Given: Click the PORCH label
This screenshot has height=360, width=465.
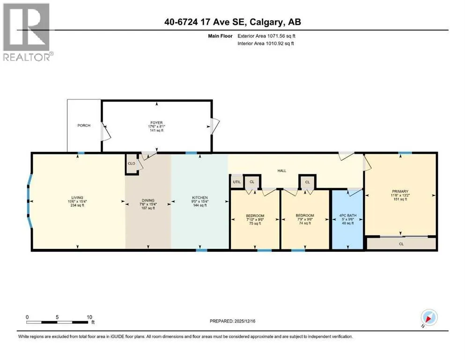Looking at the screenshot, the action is pyautogui.click(x=84, y=126).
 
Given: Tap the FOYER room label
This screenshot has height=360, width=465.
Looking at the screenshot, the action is pyautogui.click(x=156, y=122).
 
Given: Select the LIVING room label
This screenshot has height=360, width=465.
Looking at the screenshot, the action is pyautogui.click(x=77, y=198).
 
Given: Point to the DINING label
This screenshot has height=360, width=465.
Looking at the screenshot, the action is pyautogui.click(x=148, y=200).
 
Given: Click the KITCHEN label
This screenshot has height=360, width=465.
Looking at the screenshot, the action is pyautogui.click(x=200, y=198).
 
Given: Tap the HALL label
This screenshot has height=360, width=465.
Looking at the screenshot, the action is pyautogui.click(x=282, y=171).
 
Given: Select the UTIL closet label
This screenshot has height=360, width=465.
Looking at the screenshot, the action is pyautogui.click(x=236, y=182).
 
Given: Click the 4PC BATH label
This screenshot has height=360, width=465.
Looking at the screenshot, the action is pyautogui.click(x=348, y=216).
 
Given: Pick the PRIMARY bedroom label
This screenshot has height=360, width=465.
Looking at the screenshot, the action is pyautogui.click(x=400, y=191).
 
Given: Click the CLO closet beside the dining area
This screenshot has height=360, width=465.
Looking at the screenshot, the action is pyautogui.click(x=132, y=164).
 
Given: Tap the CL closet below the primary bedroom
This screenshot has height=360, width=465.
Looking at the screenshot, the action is pyautogui.click(x=401, y=244).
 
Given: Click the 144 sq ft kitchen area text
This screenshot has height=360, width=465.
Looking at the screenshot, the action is pyautogui.click(x=200, y=205).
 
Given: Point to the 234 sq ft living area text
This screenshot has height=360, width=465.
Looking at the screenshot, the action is pyautogui.click(x=77, y=205).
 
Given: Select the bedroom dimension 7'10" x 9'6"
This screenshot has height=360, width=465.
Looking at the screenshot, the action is pyautogui.click(x=255, y=220).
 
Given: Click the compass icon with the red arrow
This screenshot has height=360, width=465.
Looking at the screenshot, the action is pyautogui.click(x=429, y=318).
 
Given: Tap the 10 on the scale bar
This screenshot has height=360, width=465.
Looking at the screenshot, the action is pyautogui.click(x=89, y=317).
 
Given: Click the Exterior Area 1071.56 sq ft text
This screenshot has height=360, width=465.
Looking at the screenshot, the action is pyautogui.click(x=266, y=36).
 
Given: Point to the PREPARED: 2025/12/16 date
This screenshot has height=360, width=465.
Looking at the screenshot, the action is pyautogui.click(x=232, y=321).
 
